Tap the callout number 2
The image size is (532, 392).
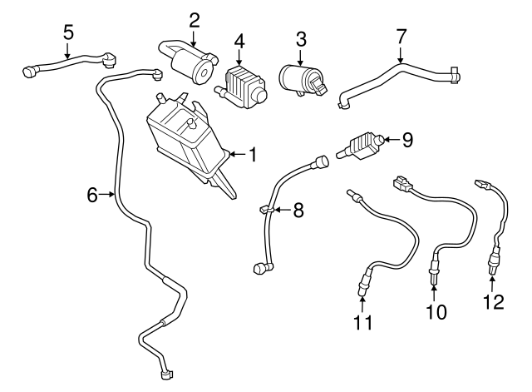click(194, 19)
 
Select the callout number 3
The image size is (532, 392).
click(302, 38)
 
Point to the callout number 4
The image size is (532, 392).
click(239, 40)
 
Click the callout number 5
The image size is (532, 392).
click(69, 32)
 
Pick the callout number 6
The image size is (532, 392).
click(93, 195)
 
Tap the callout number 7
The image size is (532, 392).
click(401, 36)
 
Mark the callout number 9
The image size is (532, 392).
click(406, 139)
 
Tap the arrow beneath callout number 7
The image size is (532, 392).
click(401, 55)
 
